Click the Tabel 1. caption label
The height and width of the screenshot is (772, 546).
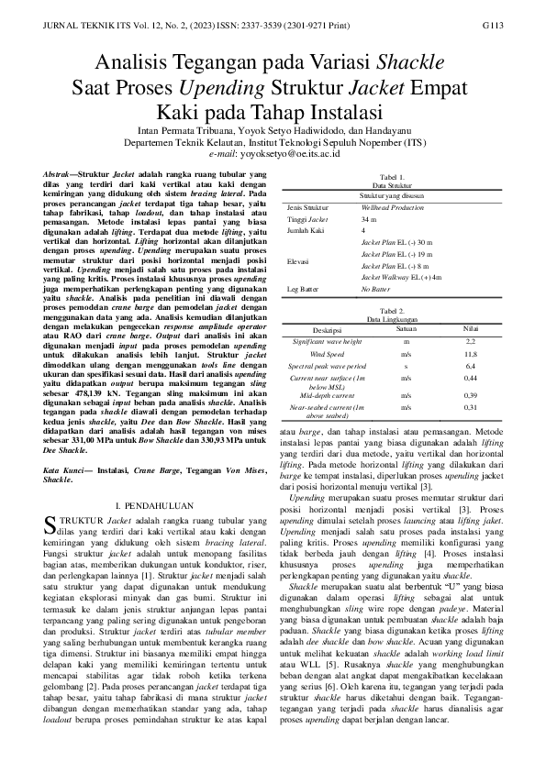[x=392, y=176]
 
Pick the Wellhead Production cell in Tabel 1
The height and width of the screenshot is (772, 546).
[x=393, y=208]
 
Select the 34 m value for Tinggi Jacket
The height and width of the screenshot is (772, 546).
[x=369, y=221]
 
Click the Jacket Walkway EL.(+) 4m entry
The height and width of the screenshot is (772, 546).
[x=401, y=276]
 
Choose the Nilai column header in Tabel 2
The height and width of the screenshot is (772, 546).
[x=471, y=327]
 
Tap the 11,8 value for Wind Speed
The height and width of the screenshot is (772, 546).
[x=471, y=353]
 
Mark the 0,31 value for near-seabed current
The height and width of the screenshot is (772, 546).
[x=471, y=406]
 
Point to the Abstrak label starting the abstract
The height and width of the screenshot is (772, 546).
[x=61, y=173]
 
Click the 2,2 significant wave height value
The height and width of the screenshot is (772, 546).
[x=471, y=341]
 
